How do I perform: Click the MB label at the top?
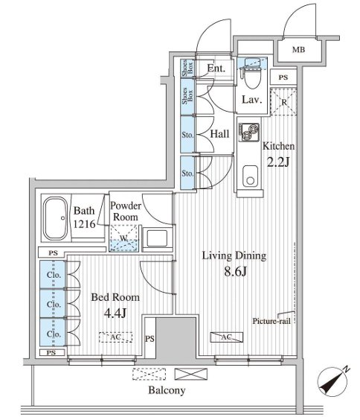click(x=298, y=50)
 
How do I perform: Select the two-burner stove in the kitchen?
click(x=249, y=132)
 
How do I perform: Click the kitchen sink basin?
click(x=250, y=176)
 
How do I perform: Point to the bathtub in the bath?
click(x=56, y=219)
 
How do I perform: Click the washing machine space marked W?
click(x=123, y=238)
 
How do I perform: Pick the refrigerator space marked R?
click(x=283, y=101)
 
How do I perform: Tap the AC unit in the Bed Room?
click(x=115, y=337)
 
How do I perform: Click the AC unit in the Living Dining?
click(x=227, y=337)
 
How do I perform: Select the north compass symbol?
click(x=333, y=381)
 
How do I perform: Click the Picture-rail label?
click(x=271, y=321)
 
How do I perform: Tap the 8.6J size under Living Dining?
click(x=235, y=272)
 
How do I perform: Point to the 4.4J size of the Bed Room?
click(x=115, y=313)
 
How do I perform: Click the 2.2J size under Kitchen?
click(x=278, y=162)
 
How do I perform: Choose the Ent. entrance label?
click(x=216, y=69)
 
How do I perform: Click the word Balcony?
click(x=167, y=390)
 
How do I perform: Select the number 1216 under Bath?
click(x=84, y=223)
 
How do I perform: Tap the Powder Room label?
click(x=126, y=211)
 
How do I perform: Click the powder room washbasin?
click(x=157, y=238)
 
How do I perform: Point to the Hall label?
click(x=219, y=133)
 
